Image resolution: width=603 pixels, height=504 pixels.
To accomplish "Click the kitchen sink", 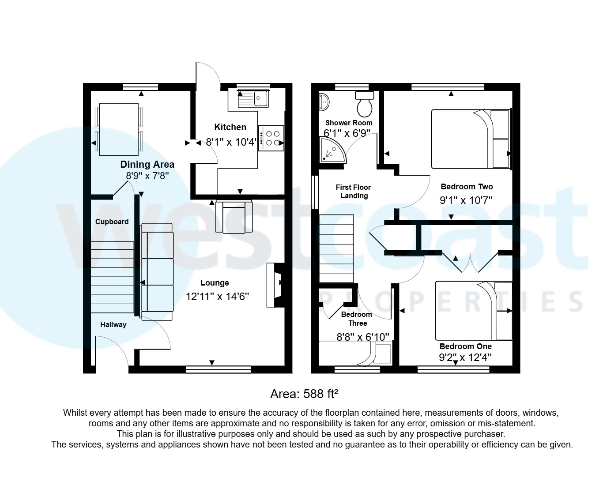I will pyautogui.click(x=253, y=99).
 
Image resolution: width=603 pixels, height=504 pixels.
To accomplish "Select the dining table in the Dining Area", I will pyautogui.click(x=118, y=129).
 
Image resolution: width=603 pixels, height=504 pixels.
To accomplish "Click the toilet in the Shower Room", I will pyautogui.click(x=365, y=103).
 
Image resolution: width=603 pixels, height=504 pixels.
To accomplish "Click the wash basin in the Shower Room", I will pyautogui.click(x=323, y=102).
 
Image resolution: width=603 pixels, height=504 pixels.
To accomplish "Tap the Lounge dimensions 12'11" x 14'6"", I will pyautogui.click(x=217, y=296).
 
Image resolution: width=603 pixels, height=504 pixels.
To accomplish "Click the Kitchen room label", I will pyautogui.click(x=230, y=127).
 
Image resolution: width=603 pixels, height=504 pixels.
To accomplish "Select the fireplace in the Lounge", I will pyautogui.click(x=274, y=285).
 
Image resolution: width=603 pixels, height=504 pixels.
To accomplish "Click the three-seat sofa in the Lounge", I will pyautogui.click(x=157, y=272).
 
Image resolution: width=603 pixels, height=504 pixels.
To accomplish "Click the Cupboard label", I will pyautogui.click(x=112, y=222).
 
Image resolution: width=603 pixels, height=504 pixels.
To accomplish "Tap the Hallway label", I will pyautogui.click(x=113, y=324).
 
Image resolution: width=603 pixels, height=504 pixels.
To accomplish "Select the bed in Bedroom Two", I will pyautogui.click(x=471, y=139).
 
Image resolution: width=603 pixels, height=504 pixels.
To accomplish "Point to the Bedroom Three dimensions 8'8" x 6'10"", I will pyautogui.click(x=363, y=337).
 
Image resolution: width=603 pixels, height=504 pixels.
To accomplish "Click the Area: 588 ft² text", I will pyautogui.click(x=304, y=394).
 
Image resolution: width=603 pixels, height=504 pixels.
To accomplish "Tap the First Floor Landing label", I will pyautogui.click(x=354, y=192).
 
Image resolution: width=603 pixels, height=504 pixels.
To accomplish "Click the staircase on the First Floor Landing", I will pyautogui.click(x=336, y=248).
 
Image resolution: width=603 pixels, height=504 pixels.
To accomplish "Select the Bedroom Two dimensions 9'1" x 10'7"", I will pyautogui.click(x=466, y=200).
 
